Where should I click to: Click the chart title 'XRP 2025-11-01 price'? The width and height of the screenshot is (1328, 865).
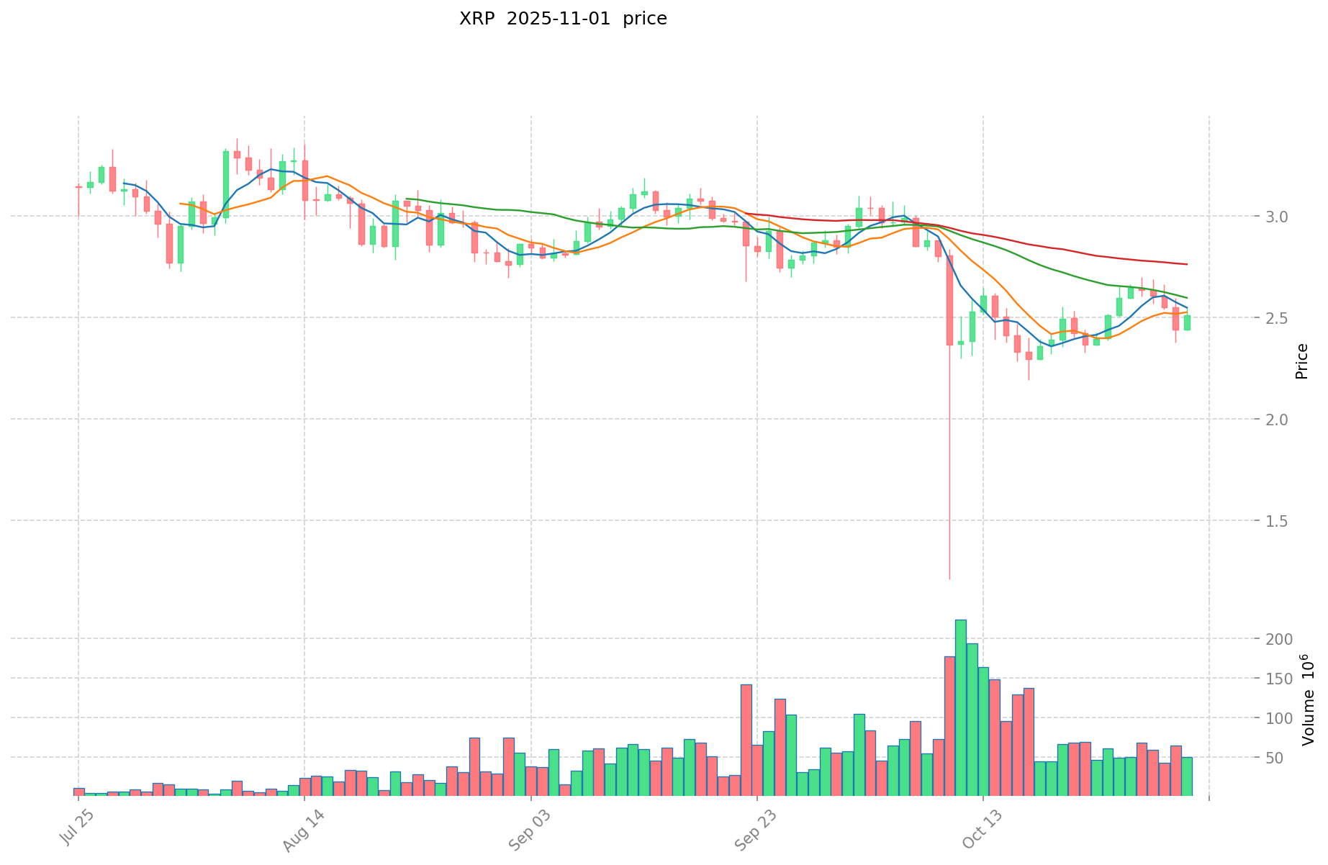point(563,19)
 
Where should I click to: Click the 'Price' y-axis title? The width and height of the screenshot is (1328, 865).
point(1301,361)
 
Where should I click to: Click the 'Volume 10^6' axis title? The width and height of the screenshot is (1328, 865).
point(1307,699)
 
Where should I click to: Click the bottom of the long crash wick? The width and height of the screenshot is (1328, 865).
point(949,578)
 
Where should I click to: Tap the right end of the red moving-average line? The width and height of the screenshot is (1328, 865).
point(1187,264)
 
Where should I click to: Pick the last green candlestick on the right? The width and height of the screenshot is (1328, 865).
point(1187,322)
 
